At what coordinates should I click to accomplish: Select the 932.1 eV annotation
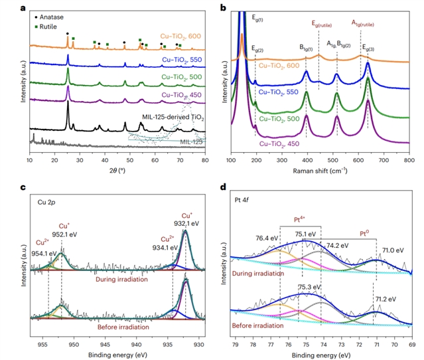point(187,225)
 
